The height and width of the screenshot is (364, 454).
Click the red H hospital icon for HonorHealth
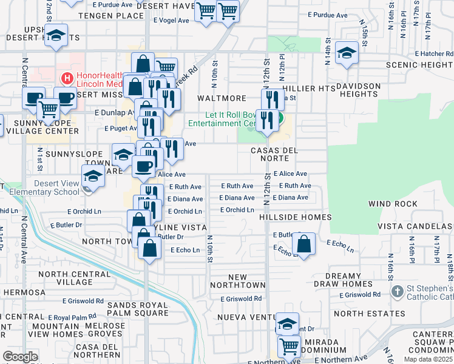pos(66,78)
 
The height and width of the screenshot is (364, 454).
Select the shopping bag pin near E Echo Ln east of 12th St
pos(303,244)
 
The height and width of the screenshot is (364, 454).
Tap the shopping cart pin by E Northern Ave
pos(290,346)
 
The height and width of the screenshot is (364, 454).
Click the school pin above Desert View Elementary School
pos(93,177)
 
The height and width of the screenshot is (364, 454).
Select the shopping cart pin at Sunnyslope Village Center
pos(49,109)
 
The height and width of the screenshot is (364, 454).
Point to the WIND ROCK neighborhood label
pos(390,204)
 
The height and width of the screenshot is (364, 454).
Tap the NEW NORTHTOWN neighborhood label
pos(237,281)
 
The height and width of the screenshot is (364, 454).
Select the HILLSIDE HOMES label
pos(295,217)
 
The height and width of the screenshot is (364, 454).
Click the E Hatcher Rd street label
pos(433,53)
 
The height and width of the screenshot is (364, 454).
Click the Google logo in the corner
pos(20,356)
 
